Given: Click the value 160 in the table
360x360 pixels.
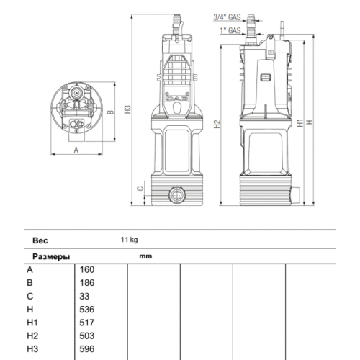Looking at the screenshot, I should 87,269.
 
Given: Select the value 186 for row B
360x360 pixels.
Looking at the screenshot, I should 87,282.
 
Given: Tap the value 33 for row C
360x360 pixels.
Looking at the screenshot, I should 85,296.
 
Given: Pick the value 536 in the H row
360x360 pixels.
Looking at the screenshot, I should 87,309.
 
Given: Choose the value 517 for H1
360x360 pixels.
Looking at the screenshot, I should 87,322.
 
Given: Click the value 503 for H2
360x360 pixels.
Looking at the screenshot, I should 87,335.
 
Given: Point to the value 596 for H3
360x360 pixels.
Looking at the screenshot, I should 87,348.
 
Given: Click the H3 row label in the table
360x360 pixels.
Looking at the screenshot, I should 32,348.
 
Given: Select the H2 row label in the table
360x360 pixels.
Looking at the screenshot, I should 32,335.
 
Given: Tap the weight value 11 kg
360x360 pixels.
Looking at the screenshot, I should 129,240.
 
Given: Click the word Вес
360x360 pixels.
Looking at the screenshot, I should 40,240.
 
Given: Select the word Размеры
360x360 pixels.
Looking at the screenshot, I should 51,256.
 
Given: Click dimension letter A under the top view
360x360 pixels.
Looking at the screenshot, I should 76,150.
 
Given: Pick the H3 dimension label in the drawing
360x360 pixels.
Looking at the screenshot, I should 127,109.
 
